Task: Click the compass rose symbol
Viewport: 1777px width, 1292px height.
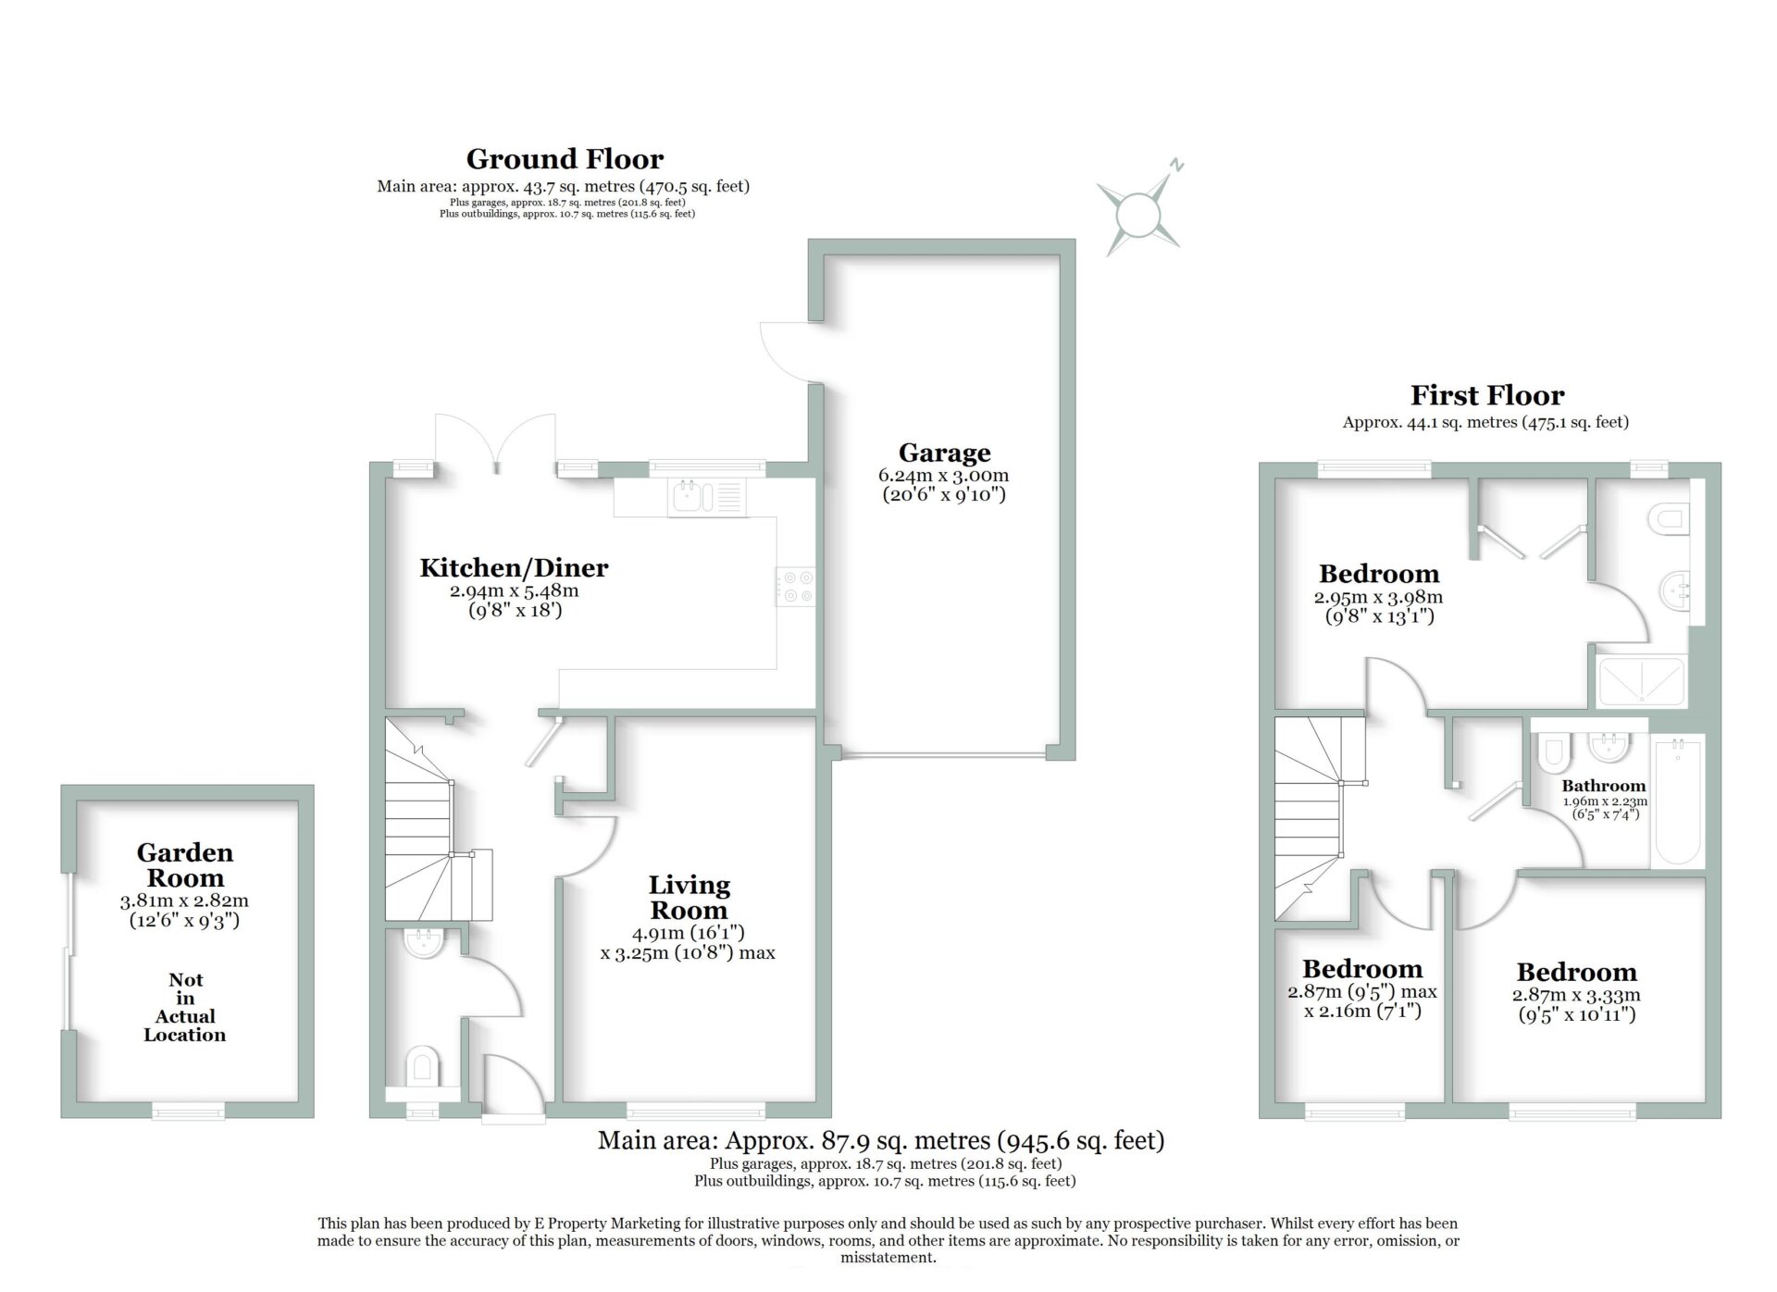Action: click(x=1138, y=212)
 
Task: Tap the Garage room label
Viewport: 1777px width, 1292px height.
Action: click(x=944, y=453)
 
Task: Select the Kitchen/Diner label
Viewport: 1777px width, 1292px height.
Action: click(x=514, y=567)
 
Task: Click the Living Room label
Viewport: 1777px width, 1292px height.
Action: click(x=689, y=898)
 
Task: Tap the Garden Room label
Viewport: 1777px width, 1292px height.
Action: click(x=185, y=865)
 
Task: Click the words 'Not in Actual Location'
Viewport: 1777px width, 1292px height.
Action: click(x=185, y=1007)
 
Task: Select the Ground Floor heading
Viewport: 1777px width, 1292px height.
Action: click(x=565, y=159)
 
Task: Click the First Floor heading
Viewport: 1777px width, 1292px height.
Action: click(x=1487, y=396)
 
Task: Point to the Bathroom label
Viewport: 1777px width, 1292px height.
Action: click(x=1604, y=786)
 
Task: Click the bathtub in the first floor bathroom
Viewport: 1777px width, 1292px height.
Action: click(x=1677, y=801)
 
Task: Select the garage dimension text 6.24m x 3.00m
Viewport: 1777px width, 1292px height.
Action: click(x=943, y=476)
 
